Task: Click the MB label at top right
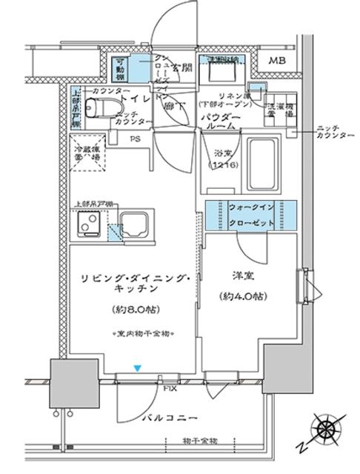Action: (279, 61)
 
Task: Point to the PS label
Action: (136, 138)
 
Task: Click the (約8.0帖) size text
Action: (136, 308)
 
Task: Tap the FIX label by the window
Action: (170, 387)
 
